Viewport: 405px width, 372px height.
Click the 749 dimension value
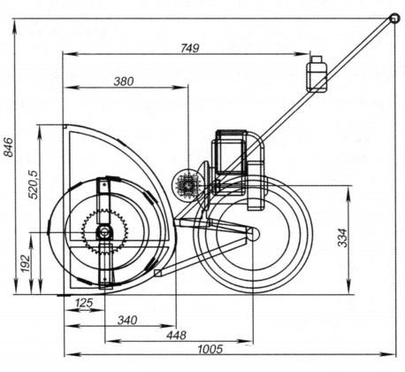[190, 48]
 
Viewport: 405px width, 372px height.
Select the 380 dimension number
[124, 81]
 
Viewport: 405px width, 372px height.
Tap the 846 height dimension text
[8, 147]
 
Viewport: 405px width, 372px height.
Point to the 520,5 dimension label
[33, 184]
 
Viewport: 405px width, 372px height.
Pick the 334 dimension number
[342, 237]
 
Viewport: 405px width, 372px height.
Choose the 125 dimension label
[84, 303]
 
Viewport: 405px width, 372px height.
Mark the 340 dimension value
[127, 320]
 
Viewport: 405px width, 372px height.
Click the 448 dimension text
[177, 335]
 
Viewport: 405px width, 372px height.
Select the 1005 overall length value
[210, 349]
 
